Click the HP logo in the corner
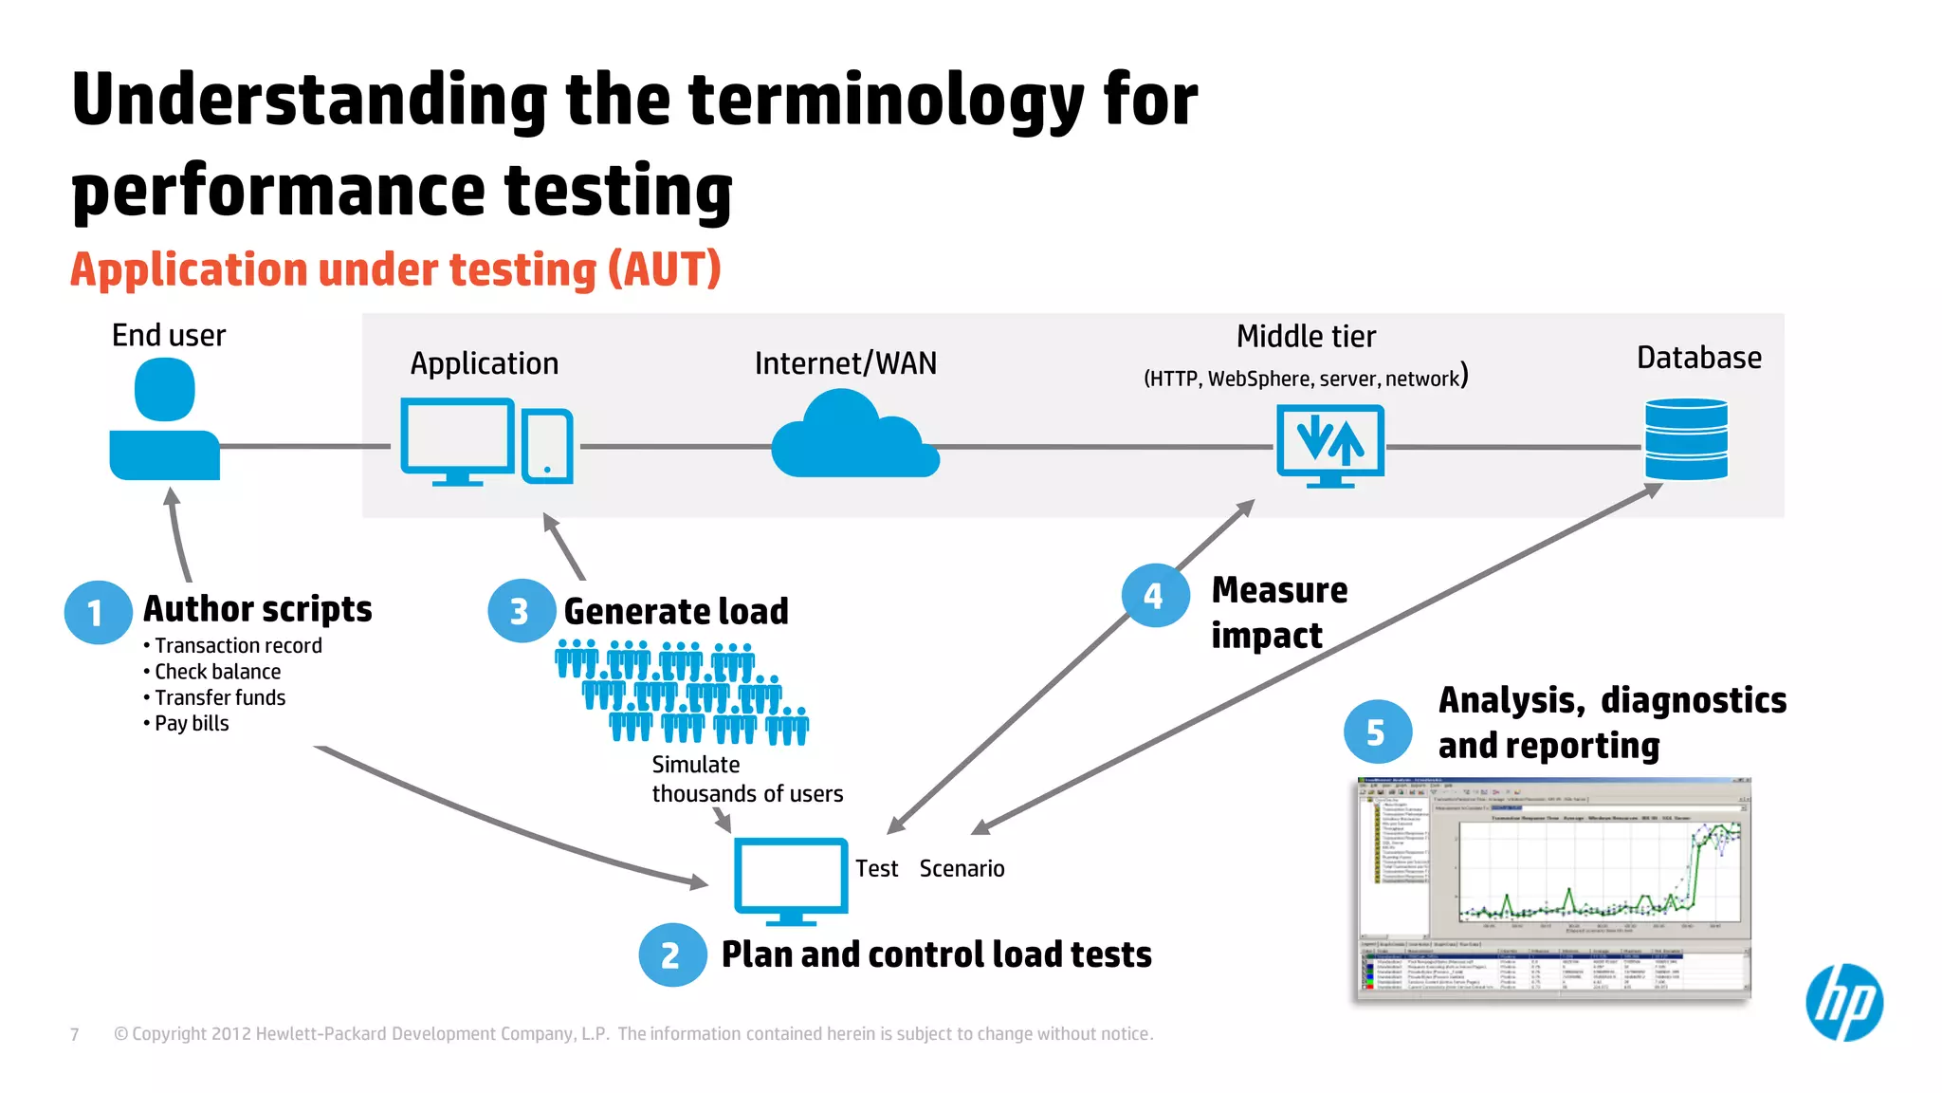pos(1843,1003)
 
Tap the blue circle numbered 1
pos(98,613)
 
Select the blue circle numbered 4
pos(1154,596)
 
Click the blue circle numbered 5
pos(1377,732)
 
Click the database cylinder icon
pos(1686,439)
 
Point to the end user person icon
pos(165,424)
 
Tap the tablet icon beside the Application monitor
pos(547,446)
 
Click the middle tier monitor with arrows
pos(1329,443)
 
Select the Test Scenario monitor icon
pos(791,879)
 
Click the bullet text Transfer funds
pos(220,698)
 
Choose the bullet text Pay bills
pos(192,724)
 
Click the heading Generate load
pos(676,612)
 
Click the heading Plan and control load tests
pos(936,954)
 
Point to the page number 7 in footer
pos(75,1034)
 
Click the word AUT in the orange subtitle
pos(665,269)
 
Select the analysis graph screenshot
pos(1553,888)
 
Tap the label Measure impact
pos(1278,613)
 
